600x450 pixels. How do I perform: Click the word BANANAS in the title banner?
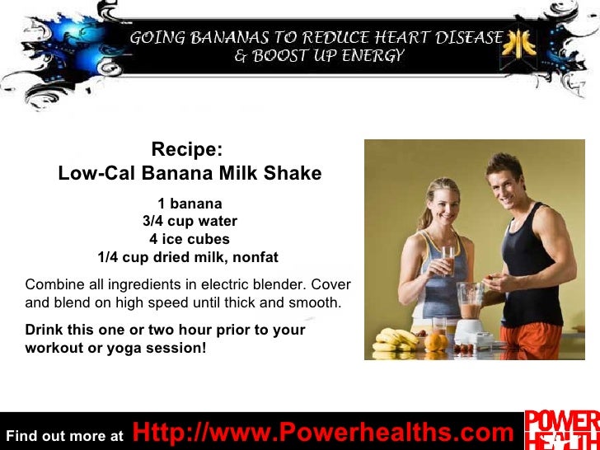232,38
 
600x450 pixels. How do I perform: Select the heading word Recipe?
187,150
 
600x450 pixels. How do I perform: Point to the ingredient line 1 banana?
190,204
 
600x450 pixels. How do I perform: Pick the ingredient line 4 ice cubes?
190,239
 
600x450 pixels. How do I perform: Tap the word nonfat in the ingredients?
255,257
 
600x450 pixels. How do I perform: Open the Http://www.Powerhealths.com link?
322,432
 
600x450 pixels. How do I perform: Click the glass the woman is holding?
448,261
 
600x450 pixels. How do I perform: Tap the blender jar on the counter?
471,306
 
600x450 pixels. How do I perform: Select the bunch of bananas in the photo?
397,340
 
